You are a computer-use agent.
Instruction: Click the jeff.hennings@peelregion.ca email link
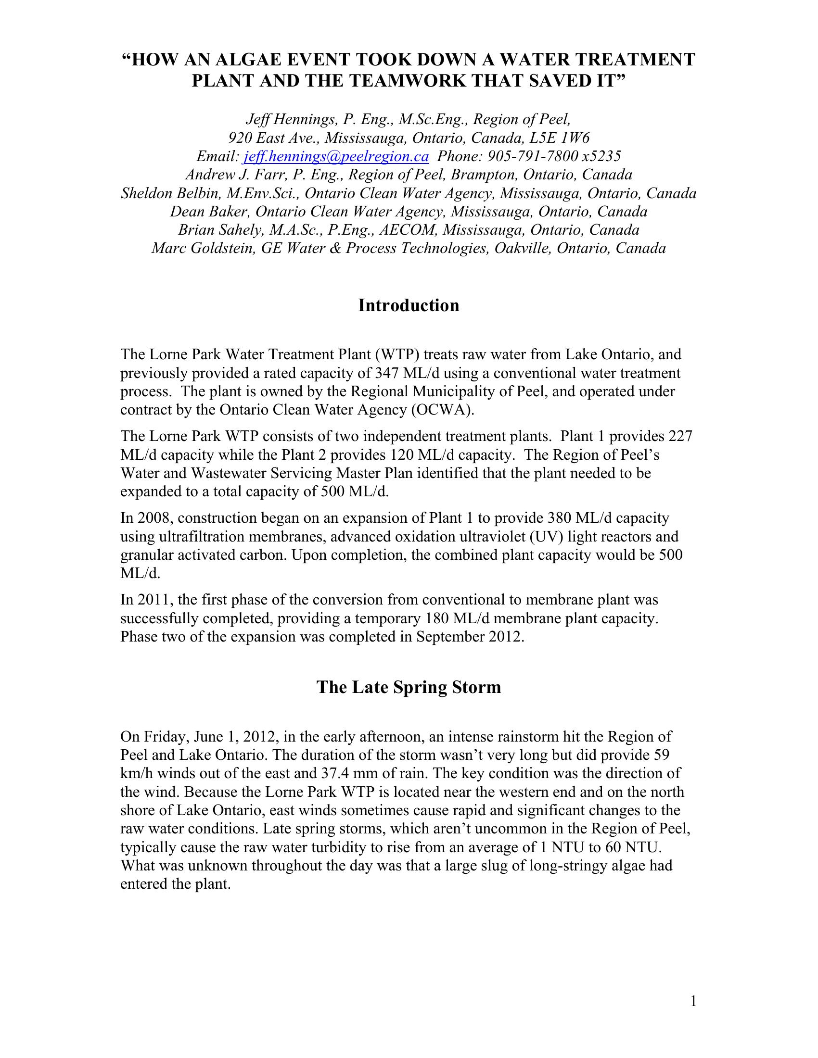(336, 156)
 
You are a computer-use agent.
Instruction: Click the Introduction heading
(409, 305)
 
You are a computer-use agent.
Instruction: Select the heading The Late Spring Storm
(409, 687)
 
